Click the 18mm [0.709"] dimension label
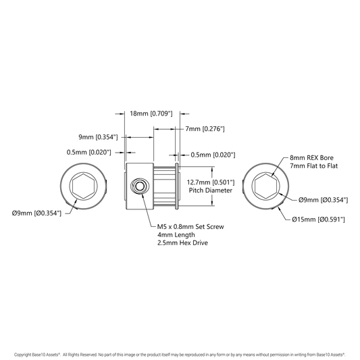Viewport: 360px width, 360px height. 151,113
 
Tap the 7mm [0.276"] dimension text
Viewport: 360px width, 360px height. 205,129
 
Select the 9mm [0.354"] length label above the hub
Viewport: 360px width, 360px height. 98,137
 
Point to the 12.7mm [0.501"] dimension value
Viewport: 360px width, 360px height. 211,182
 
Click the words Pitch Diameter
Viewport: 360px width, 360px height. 211,190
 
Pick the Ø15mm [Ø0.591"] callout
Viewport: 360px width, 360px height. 318,220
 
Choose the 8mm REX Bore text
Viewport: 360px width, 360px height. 311,158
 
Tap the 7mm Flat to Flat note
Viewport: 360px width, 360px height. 313,165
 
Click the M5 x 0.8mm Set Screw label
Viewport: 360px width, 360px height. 190,227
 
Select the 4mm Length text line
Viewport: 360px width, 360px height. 176,235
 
